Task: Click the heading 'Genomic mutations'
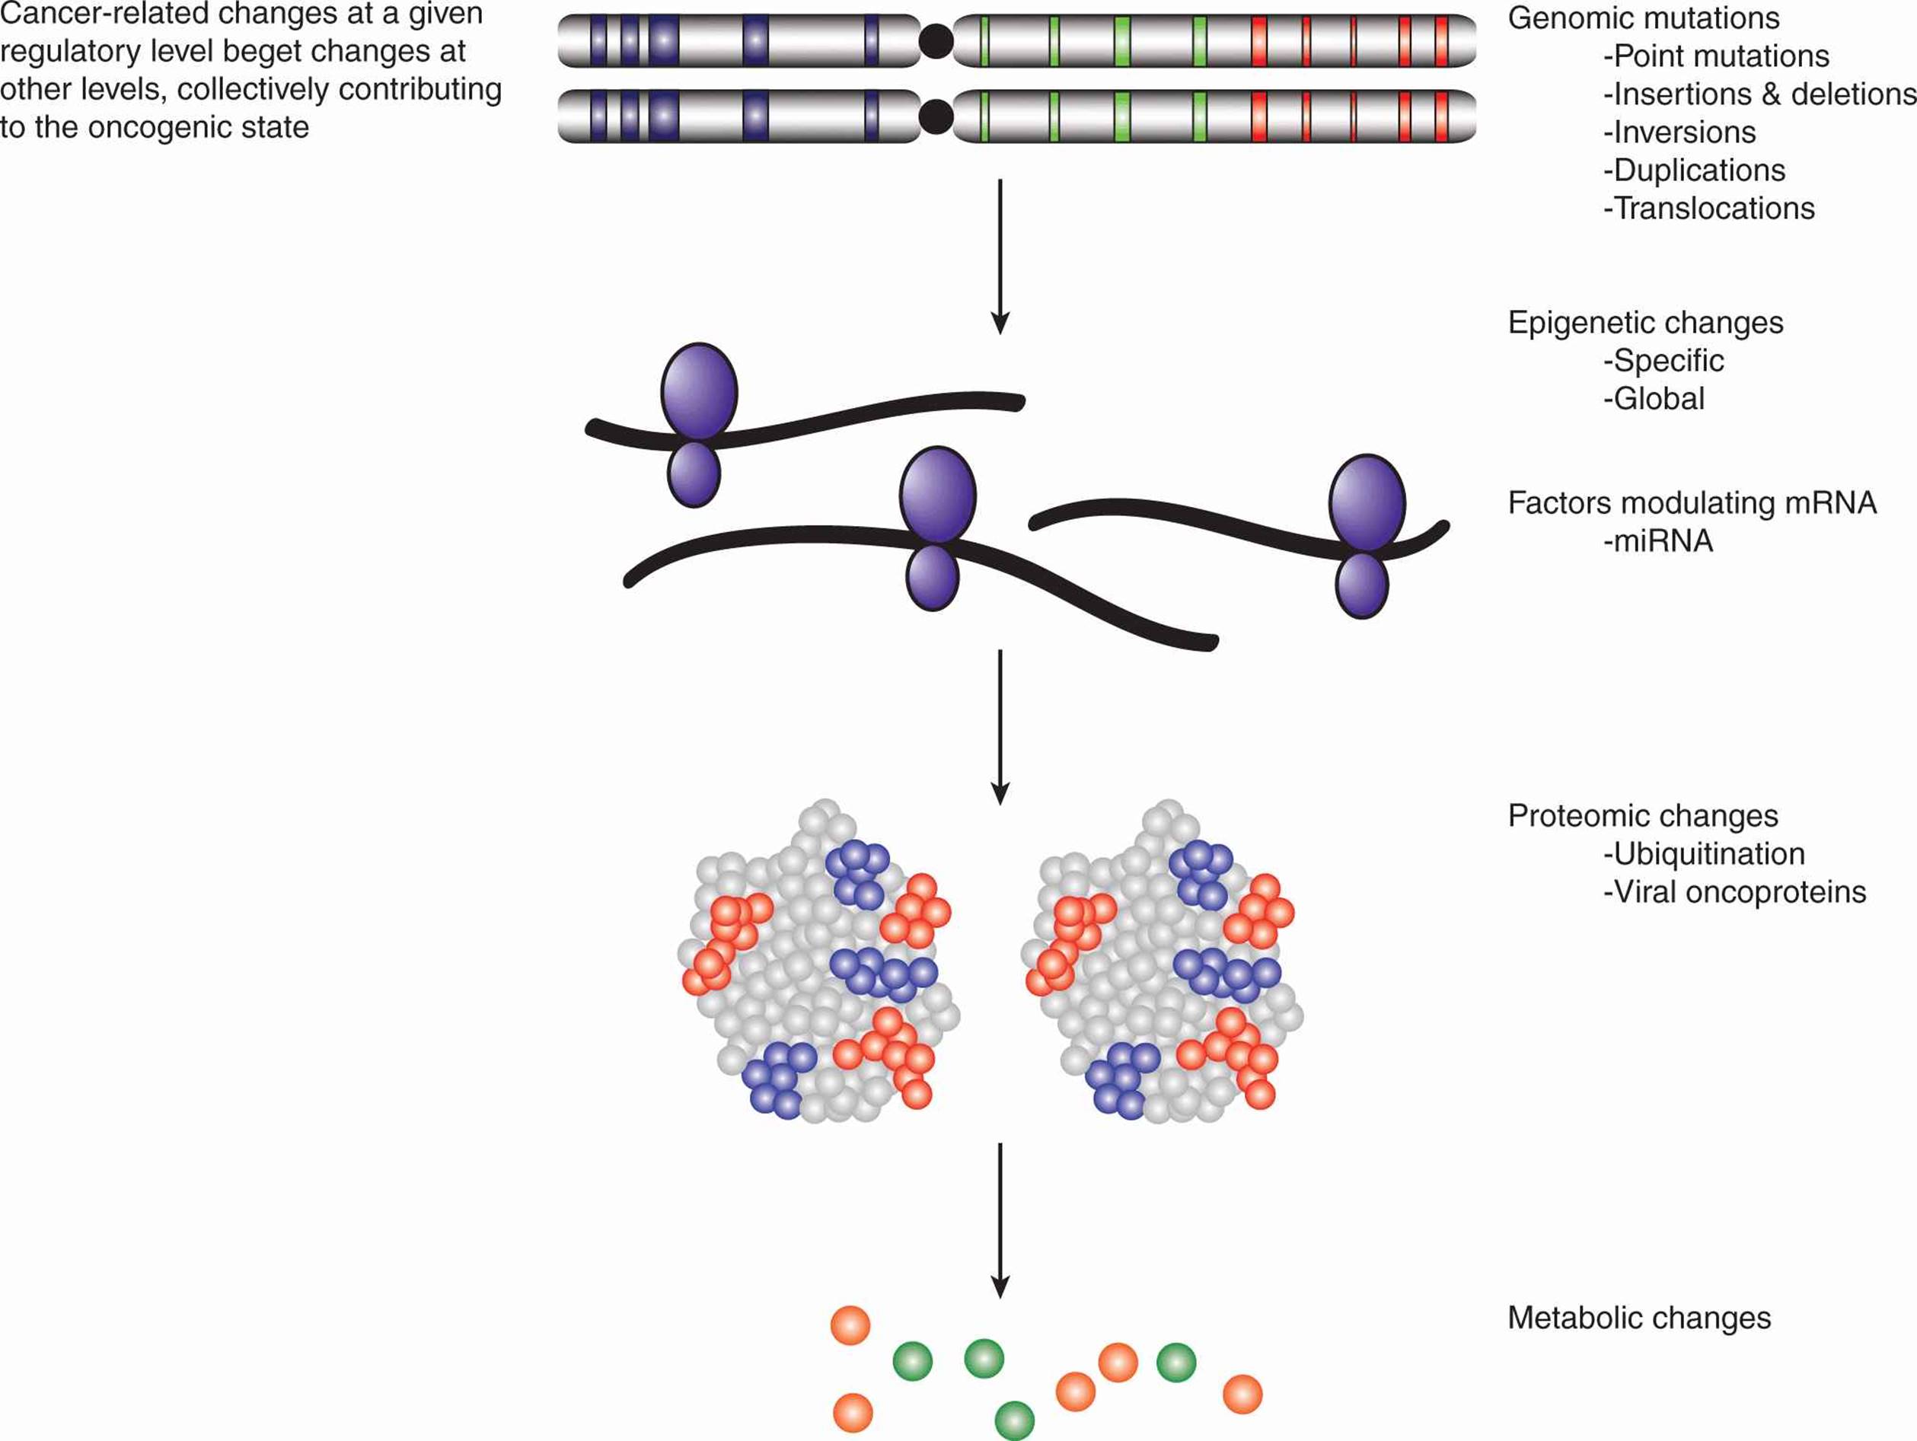coord(1643,18)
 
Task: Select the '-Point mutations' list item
coord(1716,56)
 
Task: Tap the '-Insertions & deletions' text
coord(1759,94)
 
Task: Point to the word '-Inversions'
coord(1679,132)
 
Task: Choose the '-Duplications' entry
coord(1694,171)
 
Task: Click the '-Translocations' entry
coord(1709,209)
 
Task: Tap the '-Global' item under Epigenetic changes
coord(1654,400)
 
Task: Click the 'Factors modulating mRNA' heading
coord(1692,503)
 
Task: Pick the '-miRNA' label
coord(1658,541)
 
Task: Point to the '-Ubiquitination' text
coord(1704,854)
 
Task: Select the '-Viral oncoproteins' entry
coord(1734,892)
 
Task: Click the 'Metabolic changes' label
coord(1640,1318)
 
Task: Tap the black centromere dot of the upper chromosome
coord(936,41)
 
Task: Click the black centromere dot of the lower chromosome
coord(936,117)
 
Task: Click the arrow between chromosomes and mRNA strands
coord(1001,257)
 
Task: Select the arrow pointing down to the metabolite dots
coord(1001,1221)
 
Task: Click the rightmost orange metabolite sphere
coord(1242,1395)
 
